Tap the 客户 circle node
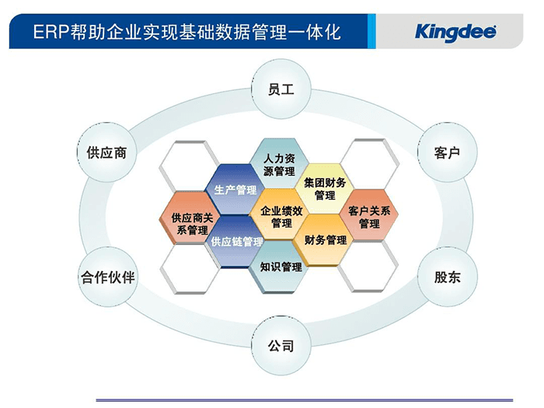pyautogui.click(x=447, y=152)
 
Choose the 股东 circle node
pyautogui.click(x=447, y=277)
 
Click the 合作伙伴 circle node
pyautogui.click(x=108, y=277)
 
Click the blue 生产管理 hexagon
pyautogui.click(x=235, y=190)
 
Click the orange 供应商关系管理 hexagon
pyautogui.click(x=191, y=223)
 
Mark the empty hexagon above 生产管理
pyautogui.click(x=190, y=164)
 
